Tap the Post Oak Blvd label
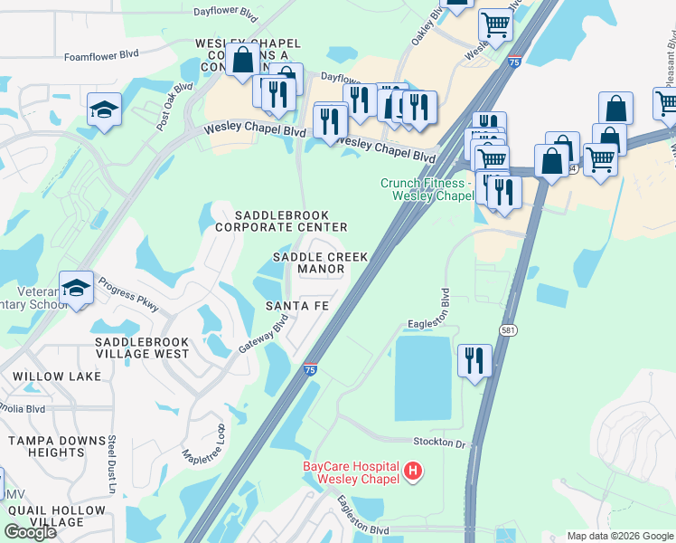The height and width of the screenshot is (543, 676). click(x=174, y=107)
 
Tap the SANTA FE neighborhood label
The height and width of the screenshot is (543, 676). click(x=297, y=306)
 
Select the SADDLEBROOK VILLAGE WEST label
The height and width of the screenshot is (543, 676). click(x=142, y=348)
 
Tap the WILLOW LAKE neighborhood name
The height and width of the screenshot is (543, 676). click(x=45, y=375)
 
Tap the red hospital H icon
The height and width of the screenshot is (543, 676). click(x=413, y=471)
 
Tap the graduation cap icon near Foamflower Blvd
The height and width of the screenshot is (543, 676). click(x=104, y=110)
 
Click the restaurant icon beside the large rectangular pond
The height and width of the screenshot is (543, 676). click(x=474, y=361)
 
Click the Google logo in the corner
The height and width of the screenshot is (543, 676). click(x=30, y=532)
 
